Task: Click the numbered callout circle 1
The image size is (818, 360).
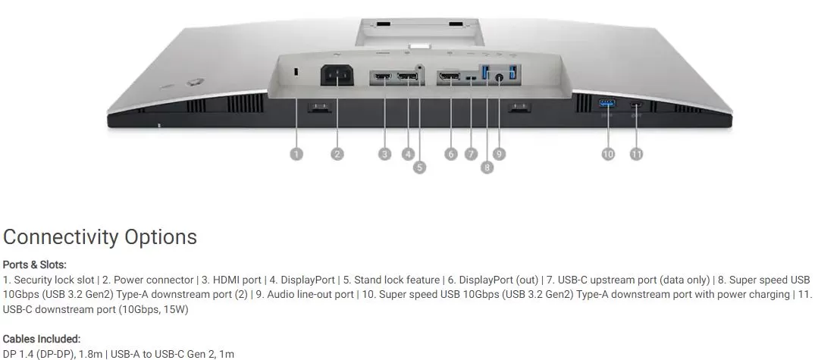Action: pyautogui.click(x=296, y=154)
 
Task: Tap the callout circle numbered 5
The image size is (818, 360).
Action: pyautogui.click(x=419, y=167)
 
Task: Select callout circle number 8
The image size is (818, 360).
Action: pyautogui.click(x=487, y=167)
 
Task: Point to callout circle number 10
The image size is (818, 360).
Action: pyautogui.click(x=608, y=154)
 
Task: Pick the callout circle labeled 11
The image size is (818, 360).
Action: pyautogui.click(x=637, y=154)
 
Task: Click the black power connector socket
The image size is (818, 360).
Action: pyautogui.click(x=336, y=75)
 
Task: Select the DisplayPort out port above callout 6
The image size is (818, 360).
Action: pyautogui.click(x=450, y=78)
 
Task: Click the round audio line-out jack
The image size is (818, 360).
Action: pyautogui.click(x=499, y=78)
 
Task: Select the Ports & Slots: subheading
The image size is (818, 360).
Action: pyautogui.click(x=34, y=265)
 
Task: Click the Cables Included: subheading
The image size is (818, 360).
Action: pyautogui.click(x=42, y=339)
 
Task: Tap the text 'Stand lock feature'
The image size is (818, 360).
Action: pyautogui.click(x=391, y=280)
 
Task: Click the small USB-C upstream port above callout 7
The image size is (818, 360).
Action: pyautogui.click(x=472, y=79)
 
